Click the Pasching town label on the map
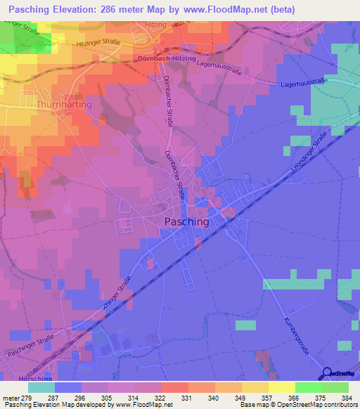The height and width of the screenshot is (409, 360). [x=186, y=221]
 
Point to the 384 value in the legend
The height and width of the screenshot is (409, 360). [x=344, y=397]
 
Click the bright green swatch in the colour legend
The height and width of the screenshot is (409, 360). [x=308, y=387]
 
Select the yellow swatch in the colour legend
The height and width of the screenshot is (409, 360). [x=281, y=387]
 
